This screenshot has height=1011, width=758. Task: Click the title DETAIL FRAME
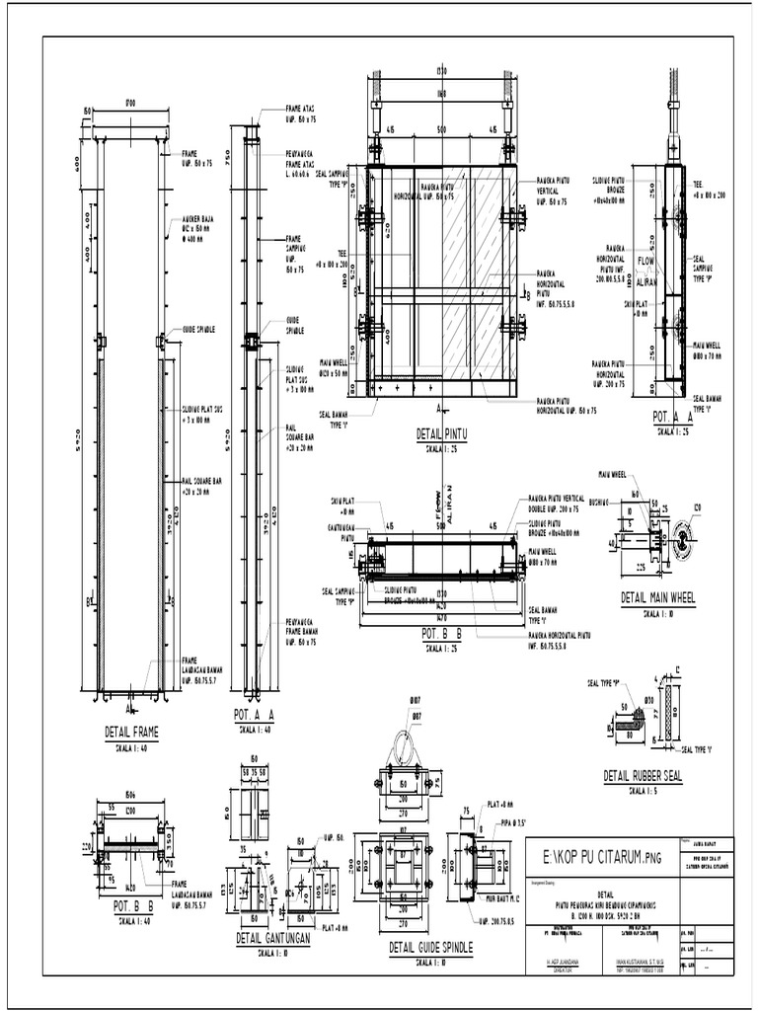tap(131, 732)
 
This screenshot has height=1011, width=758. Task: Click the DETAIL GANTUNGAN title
tap(273, 938)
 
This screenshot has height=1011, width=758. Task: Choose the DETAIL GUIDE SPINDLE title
tap(430, 948)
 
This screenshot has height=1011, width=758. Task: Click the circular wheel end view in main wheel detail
tap(681, 541)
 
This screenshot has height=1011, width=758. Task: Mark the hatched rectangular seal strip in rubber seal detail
tap(672, 714)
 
